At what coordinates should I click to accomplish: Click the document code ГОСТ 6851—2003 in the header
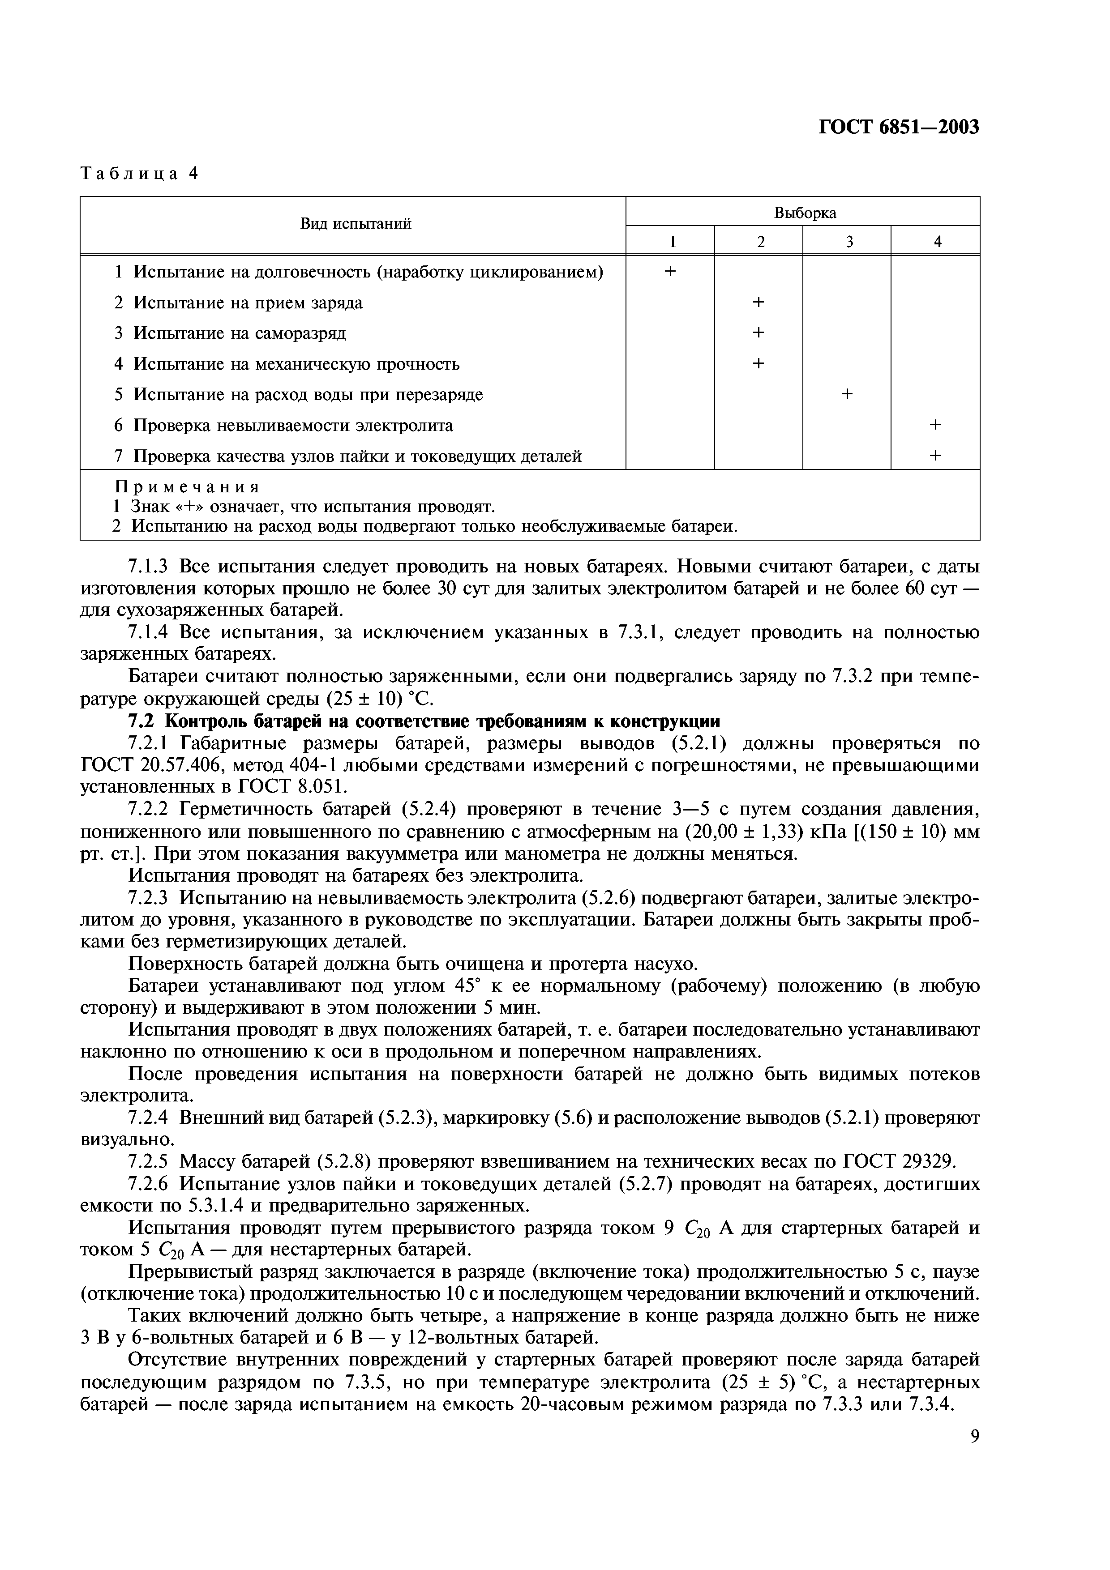point(899,127)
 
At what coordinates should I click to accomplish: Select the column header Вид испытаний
point(356,224)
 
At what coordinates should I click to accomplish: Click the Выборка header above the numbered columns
point(805,213)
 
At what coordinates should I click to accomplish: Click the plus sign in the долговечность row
point(670,272)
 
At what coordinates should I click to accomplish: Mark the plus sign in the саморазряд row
point(758,333)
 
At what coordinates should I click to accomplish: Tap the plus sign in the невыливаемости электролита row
point(936,425)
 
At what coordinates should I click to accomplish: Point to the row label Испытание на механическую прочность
point(296,364)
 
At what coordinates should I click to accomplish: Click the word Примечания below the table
point(188,487)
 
